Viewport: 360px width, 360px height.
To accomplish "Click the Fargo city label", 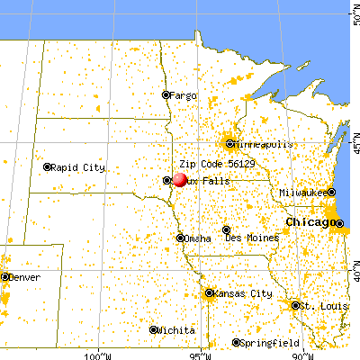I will tap(184, 94).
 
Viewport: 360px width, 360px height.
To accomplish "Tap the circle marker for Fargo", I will tap(166, 94).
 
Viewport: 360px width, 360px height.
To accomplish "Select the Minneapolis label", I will tap(262, 143).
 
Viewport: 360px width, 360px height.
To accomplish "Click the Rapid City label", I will tap(78, 166).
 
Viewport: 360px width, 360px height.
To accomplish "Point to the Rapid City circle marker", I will tap(47, 166).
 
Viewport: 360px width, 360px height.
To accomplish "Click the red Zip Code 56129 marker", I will tap(177, 178).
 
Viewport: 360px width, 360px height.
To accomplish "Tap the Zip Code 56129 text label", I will tap(211, 166).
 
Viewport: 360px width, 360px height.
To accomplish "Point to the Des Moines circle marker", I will tap(227, 229).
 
